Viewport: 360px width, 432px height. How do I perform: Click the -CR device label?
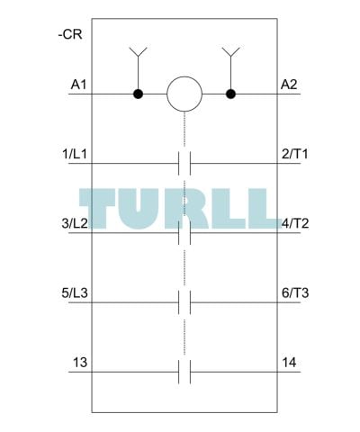(x=70, y=34)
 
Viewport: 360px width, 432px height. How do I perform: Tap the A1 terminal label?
(x=78, y=85)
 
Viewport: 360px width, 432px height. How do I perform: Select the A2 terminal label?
(x=289, y=85)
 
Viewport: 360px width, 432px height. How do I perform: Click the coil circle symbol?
(x=184, y=94)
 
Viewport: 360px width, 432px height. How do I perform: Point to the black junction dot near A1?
(x=138, y=94)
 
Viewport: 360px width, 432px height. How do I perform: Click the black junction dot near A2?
(x=230, y=94)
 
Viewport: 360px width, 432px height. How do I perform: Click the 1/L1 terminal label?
(x=75, y=154)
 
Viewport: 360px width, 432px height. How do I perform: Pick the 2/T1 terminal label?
(x=295, y=154)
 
